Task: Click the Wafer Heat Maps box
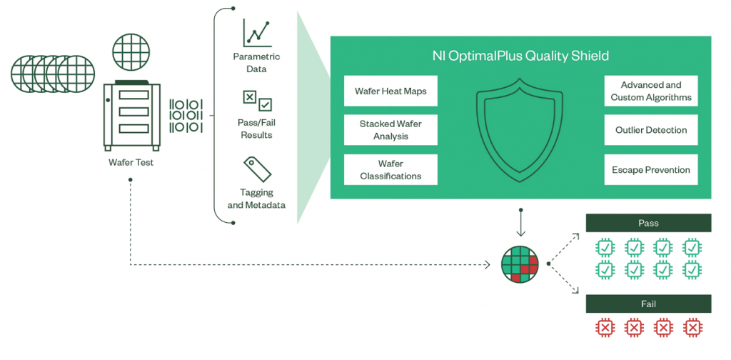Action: (x=390, y=91)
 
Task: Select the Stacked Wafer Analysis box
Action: (x=390, y=130)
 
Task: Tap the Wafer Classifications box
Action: (x=390, y=170)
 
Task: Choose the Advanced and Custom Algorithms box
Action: (x=651, y=91)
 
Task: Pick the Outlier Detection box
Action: (x=651, y=130)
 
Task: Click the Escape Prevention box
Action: (x=651, y=170)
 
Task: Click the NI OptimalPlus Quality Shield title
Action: (x=520, y=56)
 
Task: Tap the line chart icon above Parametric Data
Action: (x=256, y=33)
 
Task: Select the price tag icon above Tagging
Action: (x=257, y=169)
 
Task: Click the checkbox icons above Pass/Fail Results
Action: (x=257, y=101)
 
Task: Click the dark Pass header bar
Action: (x=648, y=223)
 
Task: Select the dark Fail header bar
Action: (x=648, y=304)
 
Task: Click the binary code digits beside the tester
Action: (x=186, y=115)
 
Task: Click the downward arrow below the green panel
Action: (x=520, y=223)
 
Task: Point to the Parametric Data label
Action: (x=257, y=63)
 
